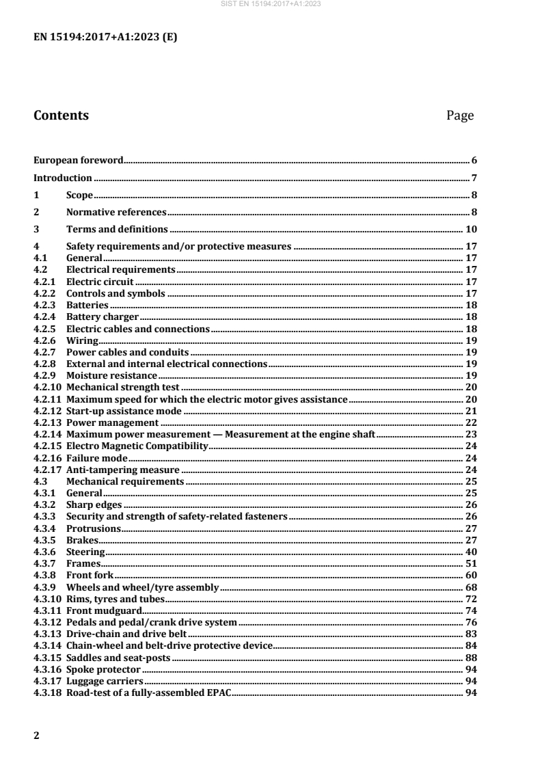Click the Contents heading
[61, 116]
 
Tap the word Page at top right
[459, 116]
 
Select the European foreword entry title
[78, 161]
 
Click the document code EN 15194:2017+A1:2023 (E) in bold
[105, 38]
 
